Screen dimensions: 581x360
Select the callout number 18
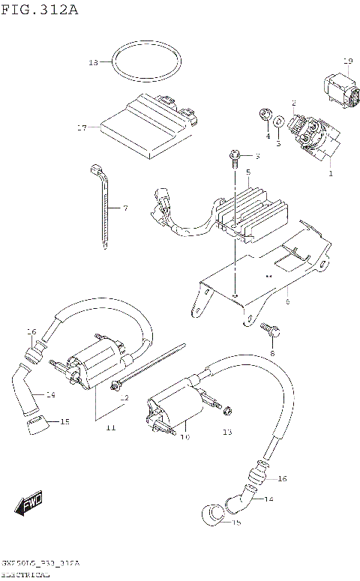93,62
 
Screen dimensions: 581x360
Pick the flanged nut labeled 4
264,115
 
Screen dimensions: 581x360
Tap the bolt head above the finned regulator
234,157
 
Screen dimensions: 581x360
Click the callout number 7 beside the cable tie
125,207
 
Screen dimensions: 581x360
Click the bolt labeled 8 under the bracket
267,328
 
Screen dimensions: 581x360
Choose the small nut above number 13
228,409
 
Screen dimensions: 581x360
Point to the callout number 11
109,427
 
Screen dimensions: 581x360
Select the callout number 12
124,397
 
